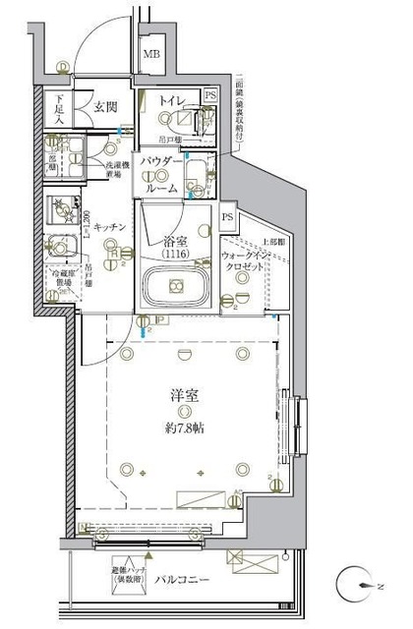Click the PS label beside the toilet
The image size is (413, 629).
(x=211, y=95)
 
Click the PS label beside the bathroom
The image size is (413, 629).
(x=227, y=217)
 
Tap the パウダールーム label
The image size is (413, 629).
(x=161, y=174)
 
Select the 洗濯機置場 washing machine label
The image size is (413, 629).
(x=119, y=173)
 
